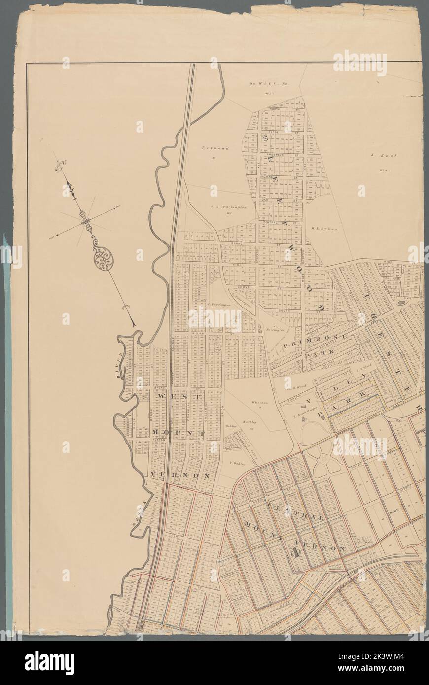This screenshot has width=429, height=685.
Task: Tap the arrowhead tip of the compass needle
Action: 134,325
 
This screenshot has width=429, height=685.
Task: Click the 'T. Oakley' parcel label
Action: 238,463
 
